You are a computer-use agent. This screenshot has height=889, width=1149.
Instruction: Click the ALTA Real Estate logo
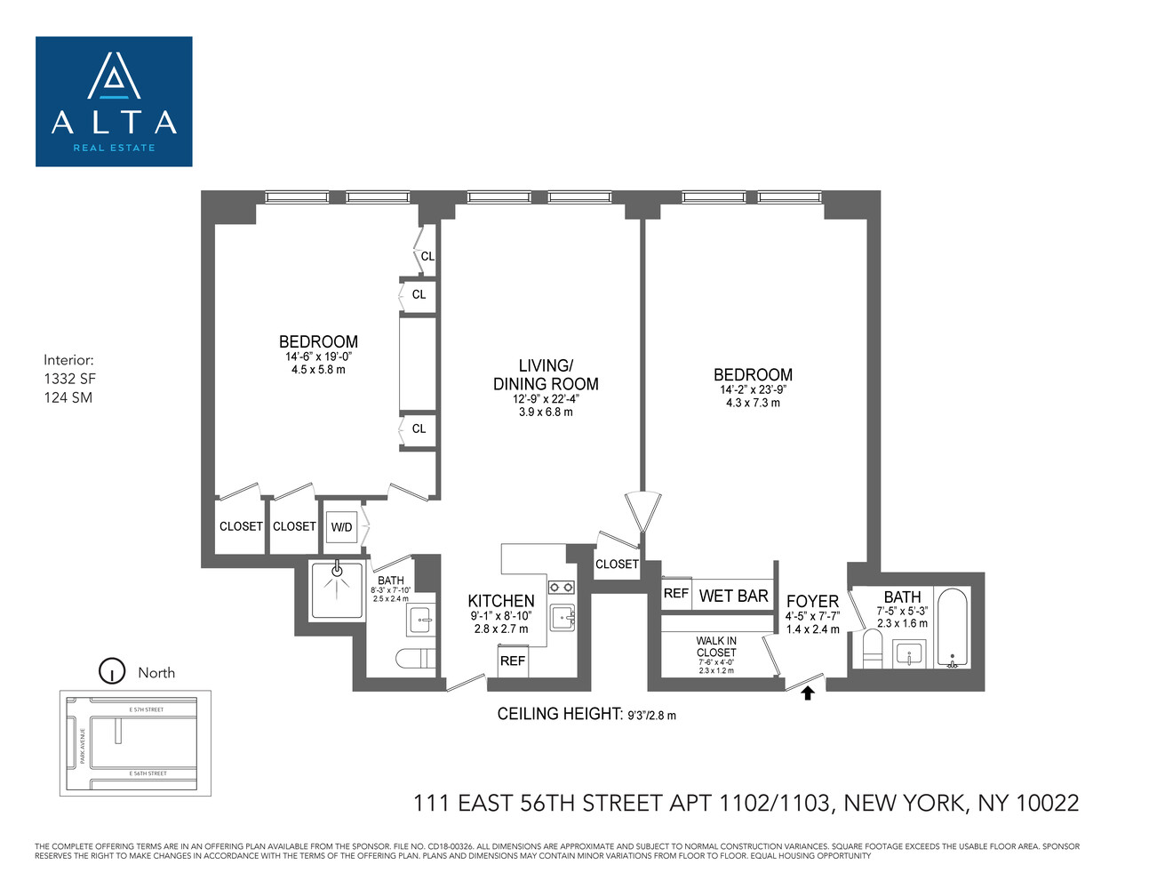(x=114, y=101)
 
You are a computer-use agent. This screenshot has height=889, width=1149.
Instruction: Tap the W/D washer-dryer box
(x=341, y=527)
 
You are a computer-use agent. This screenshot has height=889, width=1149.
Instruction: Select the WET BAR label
(x=733, y=596)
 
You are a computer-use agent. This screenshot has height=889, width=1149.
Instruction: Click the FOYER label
(x=812, y=602)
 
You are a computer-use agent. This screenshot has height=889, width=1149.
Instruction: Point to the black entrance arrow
(x=808, y=693)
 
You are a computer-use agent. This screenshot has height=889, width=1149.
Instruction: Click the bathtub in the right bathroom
(x=954, y=628)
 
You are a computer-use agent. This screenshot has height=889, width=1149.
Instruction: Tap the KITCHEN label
(x=501, y=601)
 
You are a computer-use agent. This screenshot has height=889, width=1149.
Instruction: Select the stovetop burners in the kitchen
(x=561, y=587)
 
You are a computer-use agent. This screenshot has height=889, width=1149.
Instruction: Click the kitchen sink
(x=563, y=617)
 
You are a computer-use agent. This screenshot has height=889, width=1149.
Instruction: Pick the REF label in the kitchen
(x=513, y=661)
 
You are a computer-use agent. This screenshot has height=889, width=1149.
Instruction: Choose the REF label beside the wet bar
(x=676, y=593)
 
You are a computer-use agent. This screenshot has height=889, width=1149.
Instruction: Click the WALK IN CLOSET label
(x=716, y=646)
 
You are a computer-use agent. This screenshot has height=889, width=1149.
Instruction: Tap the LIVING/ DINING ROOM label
(x=546, y=375)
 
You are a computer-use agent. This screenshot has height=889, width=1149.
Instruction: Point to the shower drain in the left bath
(x=337, y=572)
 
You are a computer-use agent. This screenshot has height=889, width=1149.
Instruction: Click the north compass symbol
(x=112, y=671)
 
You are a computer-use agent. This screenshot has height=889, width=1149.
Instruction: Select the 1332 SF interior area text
(x=70, y=379)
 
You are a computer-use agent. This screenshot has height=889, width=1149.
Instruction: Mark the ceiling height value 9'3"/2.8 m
(x=651, y=715)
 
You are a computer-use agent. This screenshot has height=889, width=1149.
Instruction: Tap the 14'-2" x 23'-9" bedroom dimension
(x=753, y=389)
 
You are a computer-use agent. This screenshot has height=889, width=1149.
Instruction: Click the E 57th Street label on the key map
(x=147, y=709)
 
